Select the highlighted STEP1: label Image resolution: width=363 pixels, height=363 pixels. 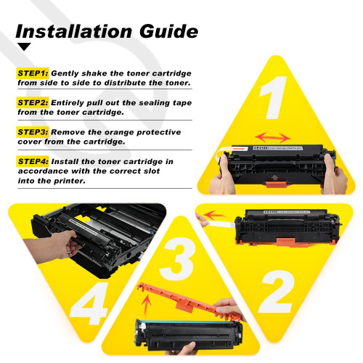[x=33, y=73]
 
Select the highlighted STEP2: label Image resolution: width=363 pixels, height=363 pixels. [x=33, y=102]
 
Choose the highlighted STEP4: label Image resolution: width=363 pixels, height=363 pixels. [x=33, y=160]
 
